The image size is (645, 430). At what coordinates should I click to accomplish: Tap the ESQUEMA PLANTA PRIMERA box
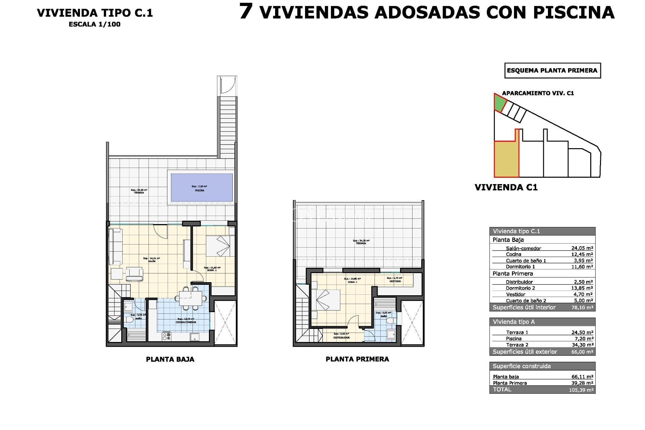[x=552, y=71]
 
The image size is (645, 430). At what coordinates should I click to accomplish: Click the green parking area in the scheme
[x=500, y=103]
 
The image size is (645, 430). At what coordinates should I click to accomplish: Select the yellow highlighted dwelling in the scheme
[x=506, y=159]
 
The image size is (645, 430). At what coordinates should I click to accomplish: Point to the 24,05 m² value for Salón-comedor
[x=582, y=248]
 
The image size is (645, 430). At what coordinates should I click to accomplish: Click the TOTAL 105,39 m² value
[x=581, y=390]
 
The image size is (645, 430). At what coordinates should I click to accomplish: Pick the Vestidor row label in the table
[x=515, y=294]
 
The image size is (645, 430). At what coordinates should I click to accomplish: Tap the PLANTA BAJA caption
[x=170, y=359]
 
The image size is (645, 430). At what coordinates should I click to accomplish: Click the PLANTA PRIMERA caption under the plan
[x=357, y=359]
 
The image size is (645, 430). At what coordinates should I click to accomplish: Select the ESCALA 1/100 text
[x=94, y=24]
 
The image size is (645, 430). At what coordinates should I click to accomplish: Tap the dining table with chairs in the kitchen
[x=190, y=298]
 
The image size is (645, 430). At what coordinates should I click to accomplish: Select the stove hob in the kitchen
[x=167, y=336]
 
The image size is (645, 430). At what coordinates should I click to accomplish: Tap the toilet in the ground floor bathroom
[x=129, y=320]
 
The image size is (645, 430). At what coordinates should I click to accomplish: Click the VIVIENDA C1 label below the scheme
[x=506, y=187]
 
